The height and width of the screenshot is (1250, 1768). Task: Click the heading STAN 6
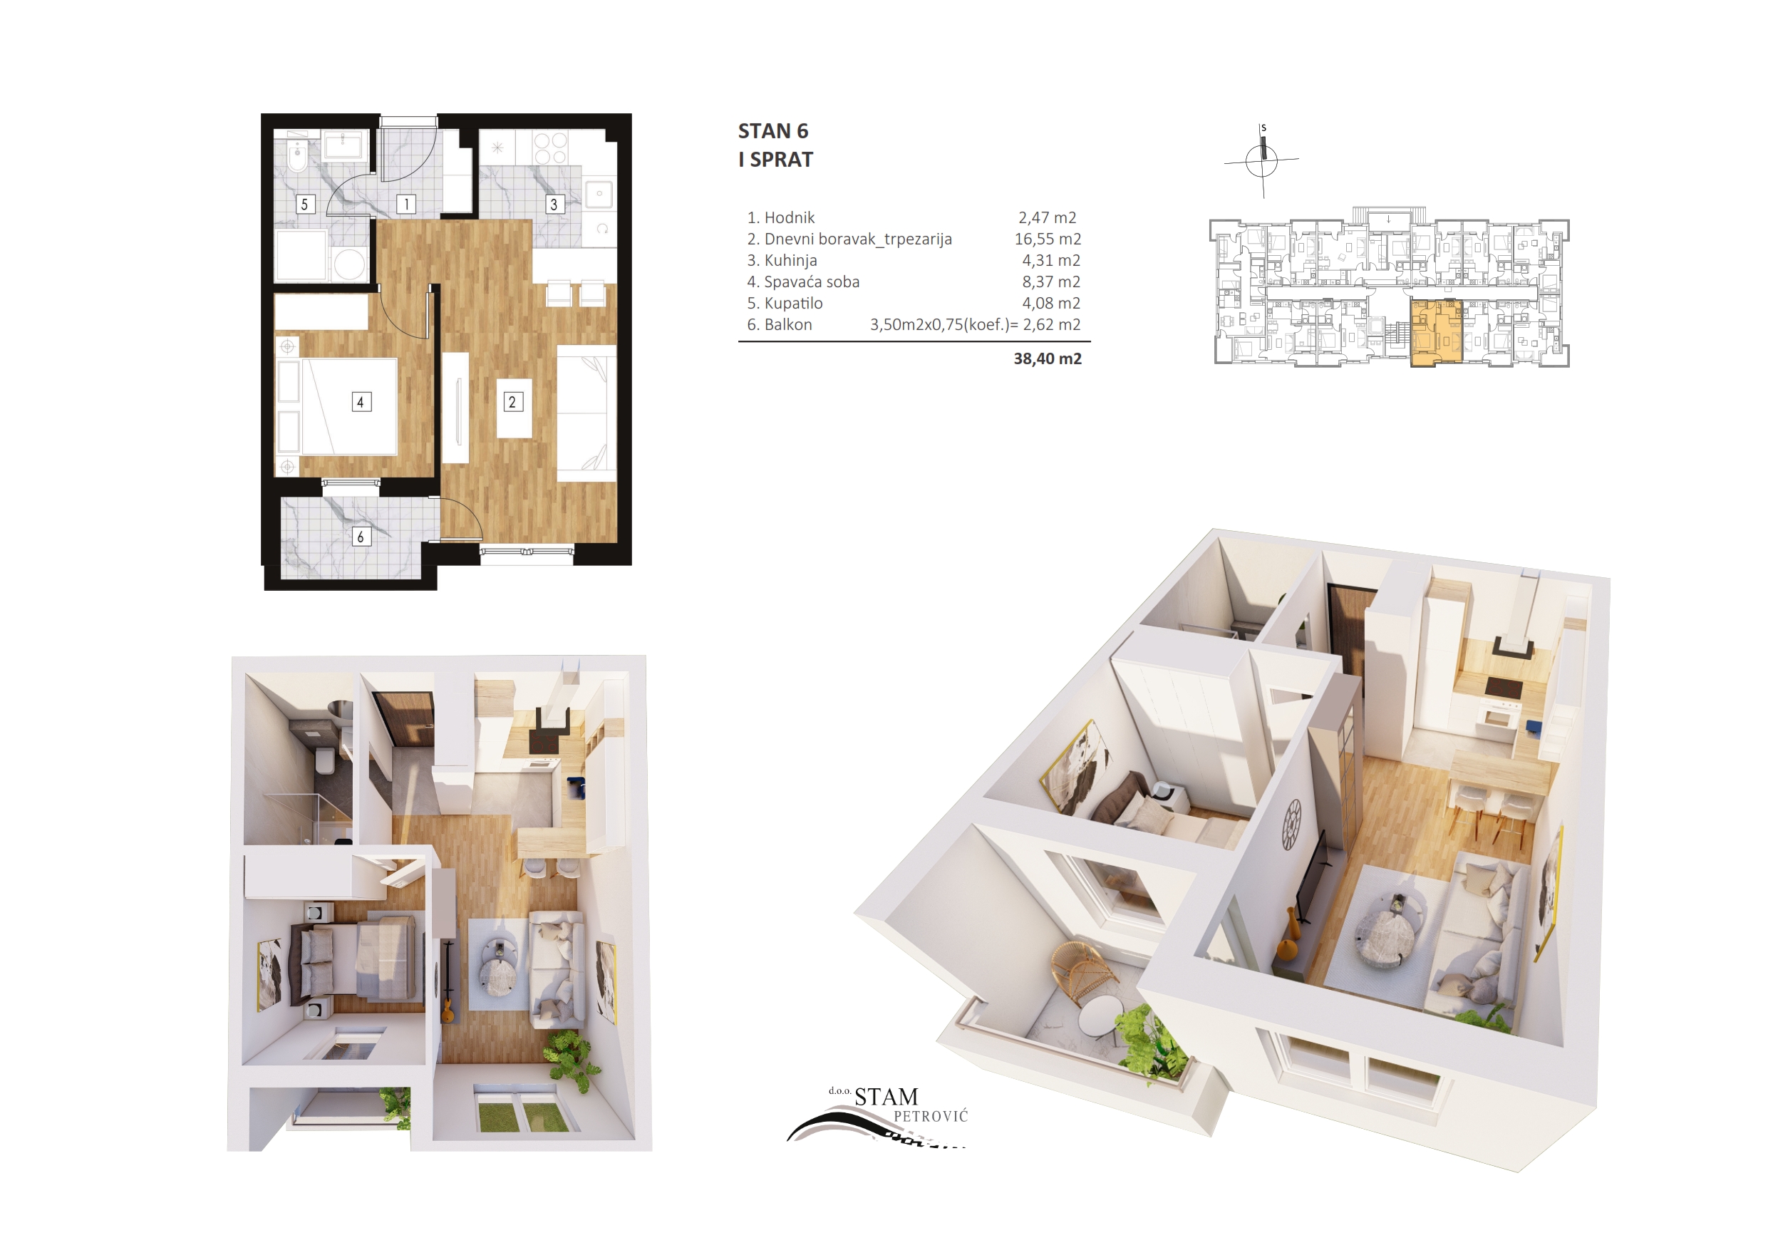pos(772,131)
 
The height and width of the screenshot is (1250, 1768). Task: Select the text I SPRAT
pos(775,160)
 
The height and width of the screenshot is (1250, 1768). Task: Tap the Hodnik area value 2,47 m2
pos(1047,218)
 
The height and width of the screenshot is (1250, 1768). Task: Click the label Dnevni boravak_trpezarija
pos(858,239)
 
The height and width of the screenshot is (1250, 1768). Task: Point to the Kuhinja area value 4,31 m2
pos(1050,261)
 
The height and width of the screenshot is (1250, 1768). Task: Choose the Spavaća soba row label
pos(812,282)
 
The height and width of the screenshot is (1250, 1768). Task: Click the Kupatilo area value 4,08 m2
pos(1050,304)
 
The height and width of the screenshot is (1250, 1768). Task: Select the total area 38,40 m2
pos(1048,359)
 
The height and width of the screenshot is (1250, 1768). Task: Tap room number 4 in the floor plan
pos(361,402)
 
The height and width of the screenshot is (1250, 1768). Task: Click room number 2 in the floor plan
pos(513,402)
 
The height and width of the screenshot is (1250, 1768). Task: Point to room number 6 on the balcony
pos(361,537)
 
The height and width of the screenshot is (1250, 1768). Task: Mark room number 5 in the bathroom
pos(305,204)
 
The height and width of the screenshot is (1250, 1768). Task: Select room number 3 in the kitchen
pos(554,204)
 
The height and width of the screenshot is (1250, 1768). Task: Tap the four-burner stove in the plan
pos(550,149)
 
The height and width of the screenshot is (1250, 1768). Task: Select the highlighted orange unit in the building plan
pos(1436,333)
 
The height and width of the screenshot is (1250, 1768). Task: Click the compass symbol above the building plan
pos(1261,160)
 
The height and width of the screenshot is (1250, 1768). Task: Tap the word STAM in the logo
pos(886,1097)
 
